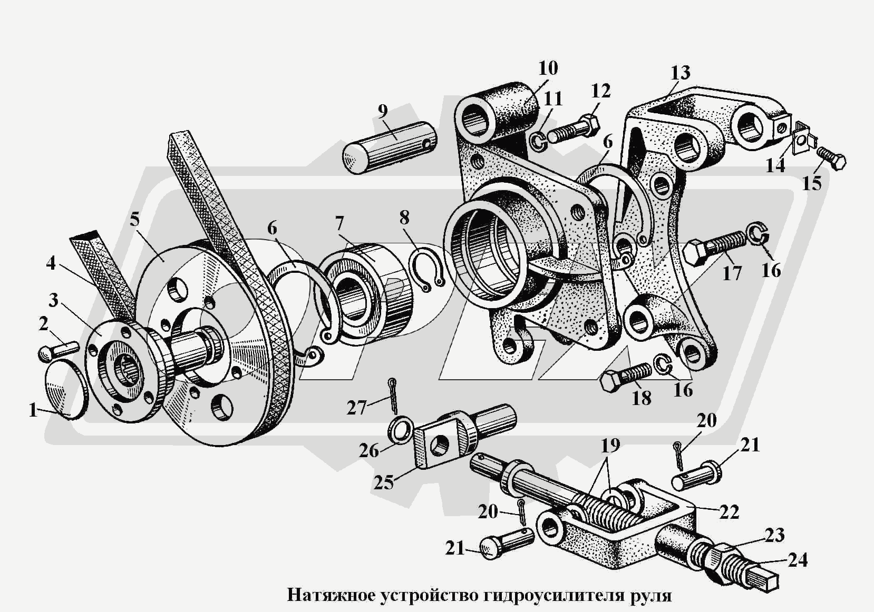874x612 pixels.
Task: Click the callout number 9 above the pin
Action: [x=383, y=112]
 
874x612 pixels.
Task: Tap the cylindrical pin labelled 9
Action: [x=389, y=147]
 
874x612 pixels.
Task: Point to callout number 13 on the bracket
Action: [x=680, y=72]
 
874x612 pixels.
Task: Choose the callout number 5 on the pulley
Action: [x=135, y=220]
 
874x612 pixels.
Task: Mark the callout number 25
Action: [x=383, y=482]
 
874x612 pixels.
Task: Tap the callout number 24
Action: [x=797, y=559]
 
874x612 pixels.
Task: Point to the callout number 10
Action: [x=548, y=68]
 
